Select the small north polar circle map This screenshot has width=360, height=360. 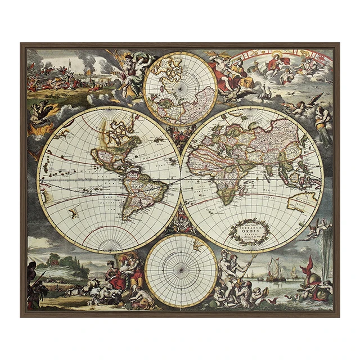click(180, 88)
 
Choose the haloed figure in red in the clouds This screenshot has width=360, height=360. click(274, 65)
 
